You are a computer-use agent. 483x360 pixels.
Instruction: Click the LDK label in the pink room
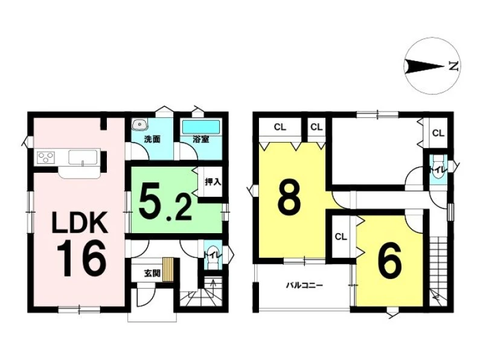(x=80, y=222)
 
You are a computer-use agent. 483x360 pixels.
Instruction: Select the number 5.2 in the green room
(x=165, y=201)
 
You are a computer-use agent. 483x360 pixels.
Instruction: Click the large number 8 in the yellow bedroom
(x=289, y=198)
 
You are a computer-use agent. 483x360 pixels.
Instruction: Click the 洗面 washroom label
(x=152, y=140)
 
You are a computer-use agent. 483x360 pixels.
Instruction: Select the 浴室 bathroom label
(x=201, y=140)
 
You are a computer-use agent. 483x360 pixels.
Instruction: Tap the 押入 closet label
(x=213, y=182)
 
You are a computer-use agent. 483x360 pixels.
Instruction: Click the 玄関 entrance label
(x=152, y=273)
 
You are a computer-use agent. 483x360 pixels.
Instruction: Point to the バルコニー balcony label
(x=304, y=286)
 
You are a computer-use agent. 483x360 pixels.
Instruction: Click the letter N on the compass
(x=453, y=66)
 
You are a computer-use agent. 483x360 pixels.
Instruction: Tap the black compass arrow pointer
(x=424, y=66)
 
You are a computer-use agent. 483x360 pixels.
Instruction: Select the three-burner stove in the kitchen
(x=46, y=157)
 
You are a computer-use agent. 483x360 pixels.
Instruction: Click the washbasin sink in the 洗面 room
(x=140, y=124)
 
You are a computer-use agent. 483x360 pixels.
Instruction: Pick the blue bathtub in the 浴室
(x=201, y=127)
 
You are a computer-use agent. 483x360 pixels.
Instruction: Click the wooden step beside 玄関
(x=168, y=269)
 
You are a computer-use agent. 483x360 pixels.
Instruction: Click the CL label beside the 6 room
(x=341, y=237)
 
